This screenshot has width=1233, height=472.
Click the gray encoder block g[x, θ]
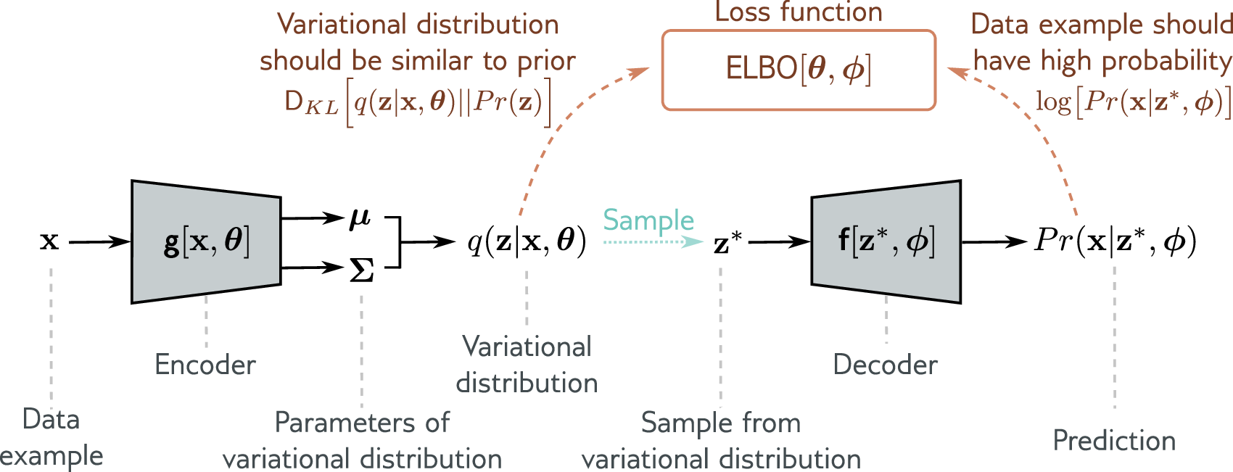pos(206,241)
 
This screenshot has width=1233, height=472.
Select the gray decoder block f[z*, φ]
pos(886,241)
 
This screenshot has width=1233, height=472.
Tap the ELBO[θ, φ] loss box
pos(799,70)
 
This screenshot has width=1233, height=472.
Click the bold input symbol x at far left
pos(49,241)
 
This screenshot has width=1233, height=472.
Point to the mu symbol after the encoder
pos(360,217)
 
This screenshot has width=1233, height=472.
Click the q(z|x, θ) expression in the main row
pos(527,241)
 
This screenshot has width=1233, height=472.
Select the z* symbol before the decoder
pos(727,243)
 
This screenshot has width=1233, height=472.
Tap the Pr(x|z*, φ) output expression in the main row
pos(1115,241)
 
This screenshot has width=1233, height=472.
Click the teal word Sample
pos(648,220)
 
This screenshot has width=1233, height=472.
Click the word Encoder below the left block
pos(205,364)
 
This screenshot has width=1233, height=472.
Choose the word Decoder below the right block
pos(885,364)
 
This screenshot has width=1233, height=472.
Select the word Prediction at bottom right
pos(1114,441)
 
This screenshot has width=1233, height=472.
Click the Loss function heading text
pos(799,12)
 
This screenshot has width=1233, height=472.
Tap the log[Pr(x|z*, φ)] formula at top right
pos(1134,102)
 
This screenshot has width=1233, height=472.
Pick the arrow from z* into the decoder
pos(779,242)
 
